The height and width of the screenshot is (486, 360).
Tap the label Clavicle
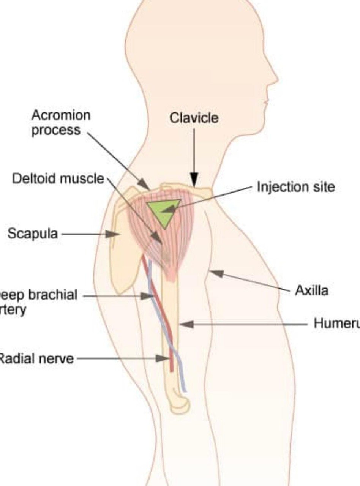coord(194,118)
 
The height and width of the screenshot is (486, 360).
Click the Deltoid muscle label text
coord(58,178)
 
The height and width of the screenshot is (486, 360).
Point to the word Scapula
coord(33,234)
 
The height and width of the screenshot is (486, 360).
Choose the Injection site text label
coord(296,187)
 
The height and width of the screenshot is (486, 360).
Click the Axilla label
coord(311,291)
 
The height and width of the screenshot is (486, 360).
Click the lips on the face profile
coord(266,103)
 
